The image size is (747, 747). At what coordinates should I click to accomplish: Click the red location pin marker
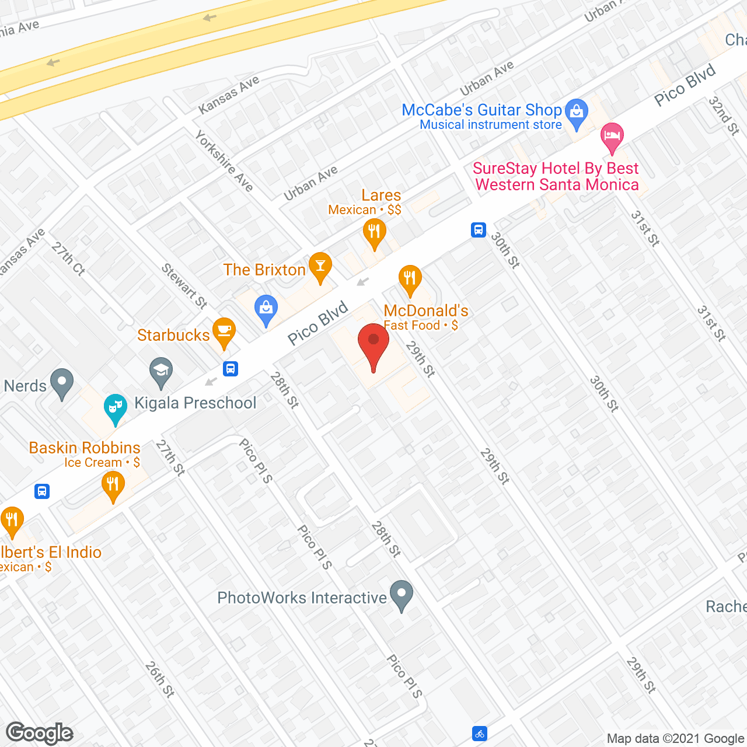tap(373, 344)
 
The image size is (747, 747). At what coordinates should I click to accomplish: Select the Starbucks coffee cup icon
tap(224, 331)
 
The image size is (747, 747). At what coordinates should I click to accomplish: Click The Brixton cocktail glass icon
tap(320, 266)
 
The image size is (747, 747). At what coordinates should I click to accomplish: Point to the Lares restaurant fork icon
tap(374, 233)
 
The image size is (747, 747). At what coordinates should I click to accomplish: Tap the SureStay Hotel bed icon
tap(612, 137)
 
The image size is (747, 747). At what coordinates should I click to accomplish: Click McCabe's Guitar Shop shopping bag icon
tap(577, 112)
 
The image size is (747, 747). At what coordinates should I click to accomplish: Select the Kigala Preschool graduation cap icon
tap(161, 371)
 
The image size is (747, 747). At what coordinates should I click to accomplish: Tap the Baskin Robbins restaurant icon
tap(113, 485)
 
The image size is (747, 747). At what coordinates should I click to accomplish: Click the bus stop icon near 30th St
tap(479, 230)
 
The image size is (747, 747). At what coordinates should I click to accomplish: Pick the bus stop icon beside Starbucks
tap(231, 369)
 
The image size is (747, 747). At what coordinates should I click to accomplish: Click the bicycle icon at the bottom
tap(479, 734)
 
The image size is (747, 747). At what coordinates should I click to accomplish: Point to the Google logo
tap(40, 733)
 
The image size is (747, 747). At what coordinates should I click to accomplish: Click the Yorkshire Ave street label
tap(224, 161)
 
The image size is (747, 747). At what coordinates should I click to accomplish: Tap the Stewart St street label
tap(184, 286)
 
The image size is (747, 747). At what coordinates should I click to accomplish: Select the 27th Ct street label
tap(68, 259)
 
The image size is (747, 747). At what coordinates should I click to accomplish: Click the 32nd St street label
tap(724, 116)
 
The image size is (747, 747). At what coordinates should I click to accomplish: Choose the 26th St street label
tap(159, 679)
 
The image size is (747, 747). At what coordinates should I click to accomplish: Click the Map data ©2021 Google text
tap(676, 739)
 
